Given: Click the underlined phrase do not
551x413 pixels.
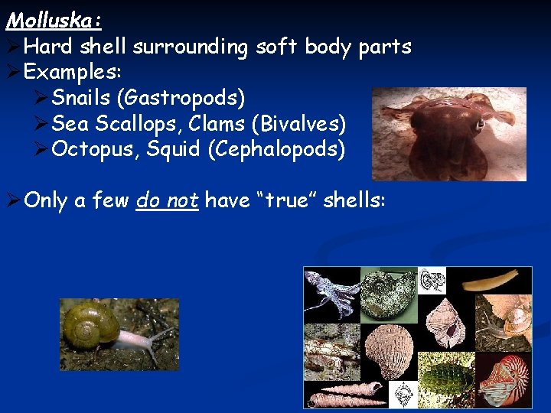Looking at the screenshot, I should pos(167,200).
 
